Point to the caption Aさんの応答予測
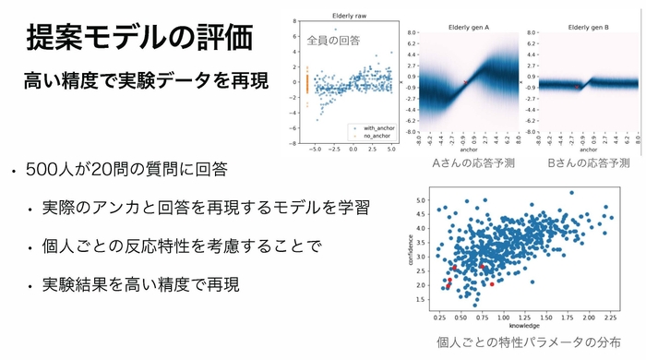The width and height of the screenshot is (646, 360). tap(473, 162)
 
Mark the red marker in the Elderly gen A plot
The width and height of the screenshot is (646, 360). tap(466, 83)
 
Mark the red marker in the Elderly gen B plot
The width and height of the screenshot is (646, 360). tap(579, 86)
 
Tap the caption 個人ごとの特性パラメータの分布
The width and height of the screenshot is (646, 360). tap(522, 342)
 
